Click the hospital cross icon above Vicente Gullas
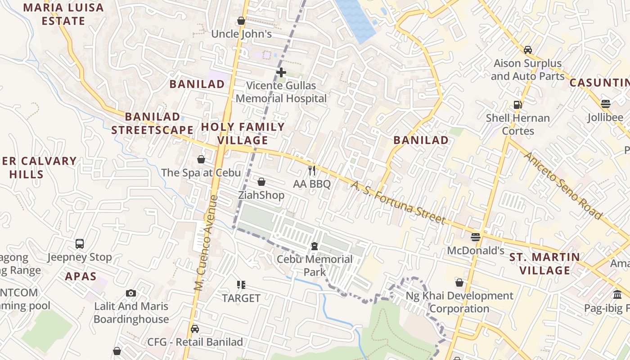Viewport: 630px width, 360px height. [281, 72]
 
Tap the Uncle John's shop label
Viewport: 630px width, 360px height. [241, 34]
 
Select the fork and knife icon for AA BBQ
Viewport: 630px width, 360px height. [312, 171]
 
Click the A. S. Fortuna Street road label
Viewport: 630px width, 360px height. [398, 202]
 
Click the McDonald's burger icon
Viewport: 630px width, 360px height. [476, 237]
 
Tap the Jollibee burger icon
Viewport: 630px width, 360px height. [606, 103]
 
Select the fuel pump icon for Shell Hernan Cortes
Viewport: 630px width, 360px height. [517, 105]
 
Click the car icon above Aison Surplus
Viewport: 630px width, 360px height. [527, 49]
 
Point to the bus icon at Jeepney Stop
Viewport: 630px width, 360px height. [80, 244]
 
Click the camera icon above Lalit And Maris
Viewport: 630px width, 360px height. [131, 293]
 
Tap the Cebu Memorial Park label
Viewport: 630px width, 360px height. [315, 265]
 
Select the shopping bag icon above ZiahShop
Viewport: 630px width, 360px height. [261, 182]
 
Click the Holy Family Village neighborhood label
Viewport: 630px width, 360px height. [243, 133]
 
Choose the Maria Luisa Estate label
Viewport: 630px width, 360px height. [63, 14]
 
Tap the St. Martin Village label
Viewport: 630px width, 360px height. [544, 264]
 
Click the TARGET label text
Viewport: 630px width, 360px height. [241, 298]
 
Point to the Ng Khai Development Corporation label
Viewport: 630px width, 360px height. [459, 302]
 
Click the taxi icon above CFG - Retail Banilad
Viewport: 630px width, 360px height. [194, 329]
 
